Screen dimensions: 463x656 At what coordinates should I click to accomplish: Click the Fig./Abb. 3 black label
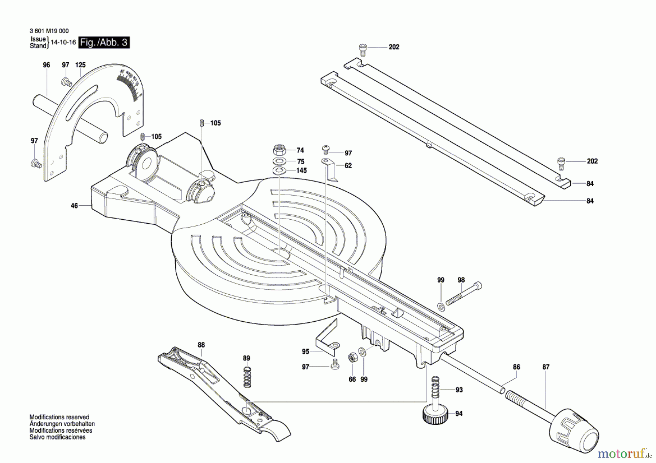click(x=104, y=43)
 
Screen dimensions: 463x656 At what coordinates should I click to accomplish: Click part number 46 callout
click(x=74, y=206)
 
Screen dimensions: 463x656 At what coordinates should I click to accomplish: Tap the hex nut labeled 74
click(x=279, y=149)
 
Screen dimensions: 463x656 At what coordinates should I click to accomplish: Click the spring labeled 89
click(x=247, y=377)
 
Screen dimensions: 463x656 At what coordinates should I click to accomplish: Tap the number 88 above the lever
click(x=201, y=345)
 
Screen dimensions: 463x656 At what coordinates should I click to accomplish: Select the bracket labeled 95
click(x=327, y=337)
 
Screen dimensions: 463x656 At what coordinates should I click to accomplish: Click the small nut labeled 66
click(x=352, y=358)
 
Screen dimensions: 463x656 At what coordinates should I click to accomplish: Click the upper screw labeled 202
click(x=362, y=50)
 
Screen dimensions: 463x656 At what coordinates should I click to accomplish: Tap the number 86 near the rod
click(x=516, y=367)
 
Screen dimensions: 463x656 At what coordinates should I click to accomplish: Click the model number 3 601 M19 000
click(x=49, y=31)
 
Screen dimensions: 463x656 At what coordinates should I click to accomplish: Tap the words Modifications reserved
click(x=59, y=417)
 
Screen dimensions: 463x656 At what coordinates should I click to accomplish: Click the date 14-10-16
click(x=63, y=42)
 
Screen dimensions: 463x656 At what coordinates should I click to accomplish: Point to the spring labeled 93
click(x=435, y=388)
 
